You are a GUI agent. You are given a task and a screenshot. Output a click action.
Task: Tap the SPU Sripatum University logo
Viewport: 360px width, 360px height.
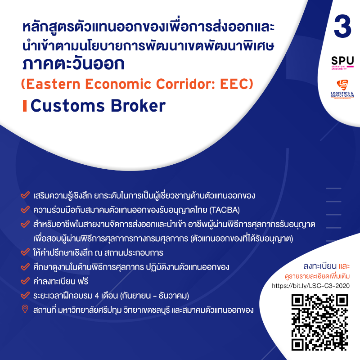[x=342, y=63]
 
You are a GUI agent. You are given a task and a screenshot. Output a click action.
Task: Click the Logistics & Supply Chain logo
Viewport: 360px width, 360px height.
[x=342, y=89]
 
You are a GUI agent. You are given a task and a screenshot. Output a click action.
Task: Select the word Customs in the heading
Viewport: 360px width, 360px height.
[x=68, y=106]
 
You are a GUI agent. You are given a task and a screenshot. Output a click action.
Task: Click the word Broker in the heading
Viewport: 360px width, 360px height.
[x=138, y=106]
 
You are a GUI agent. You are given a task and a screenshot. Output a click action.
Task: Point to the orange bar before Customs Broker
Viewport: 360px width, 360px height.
[x=25, y=106]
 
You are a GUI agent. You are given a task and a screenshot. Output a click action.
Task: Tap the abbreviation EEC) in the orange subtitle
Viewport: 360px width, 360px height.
[x=237, y=84]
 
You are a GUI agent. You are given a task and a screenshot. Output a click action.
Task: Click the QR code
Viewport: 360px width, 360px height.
[x=320, y=322]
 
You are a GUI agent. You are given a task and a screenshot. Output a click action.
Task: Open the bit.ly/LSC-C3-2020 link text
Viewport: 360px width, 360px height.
[x=310, y=286]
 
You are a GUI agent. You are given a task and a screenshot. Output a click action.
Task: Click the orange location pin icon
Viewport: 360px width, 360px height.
[x=25, y=309]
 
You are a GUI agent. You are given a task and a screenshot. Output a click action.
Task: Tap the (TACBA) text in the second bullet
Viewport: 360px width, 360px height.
[x=225, y=210]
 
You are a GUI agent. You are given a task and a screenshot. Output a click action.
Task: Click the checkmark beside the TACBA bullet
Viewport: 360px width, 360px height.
[x=25, y=209]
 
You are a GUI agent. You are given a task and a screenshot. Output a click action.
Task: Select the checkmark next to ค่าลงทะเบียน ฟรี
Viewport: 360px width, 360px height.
[x=25, y=281]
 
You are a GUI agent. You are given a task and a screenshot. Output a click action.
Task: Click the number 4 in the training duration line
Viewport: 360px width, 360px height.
[x=97, y=296]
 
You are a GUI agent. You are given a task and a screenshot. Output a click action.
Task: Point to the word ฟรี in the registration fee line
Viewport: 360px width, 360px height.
[x=83, y=281]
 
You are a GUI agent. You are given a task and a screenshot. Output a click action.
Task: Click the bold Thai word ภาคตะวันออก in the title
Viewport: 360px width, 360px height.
[x=73, y=63]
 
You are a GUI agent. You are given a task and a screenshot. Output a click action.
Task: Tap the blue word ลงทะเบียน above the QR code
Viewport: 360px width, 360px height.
[x=320, y=266]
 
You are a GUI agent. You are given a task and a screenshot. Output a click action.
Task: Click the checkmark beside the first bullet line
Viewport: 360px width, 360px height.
[x=25, y=195]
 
